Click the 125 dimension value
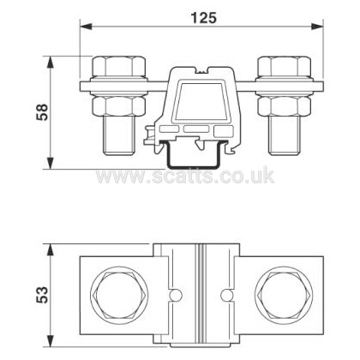click(204, 18)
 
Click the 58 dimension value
click(43, 112)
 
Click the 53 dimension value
click(43, 295)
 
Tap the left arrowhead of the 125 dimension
click(87, 27)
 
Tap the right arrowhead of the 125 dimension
click(316, 27)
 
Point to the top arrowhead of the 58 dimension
click(50, 62)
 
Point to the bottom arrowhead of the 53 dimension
click(50, 340)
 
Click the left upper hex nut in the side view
click(118, 66)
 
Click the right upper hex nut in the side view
click(284, 66)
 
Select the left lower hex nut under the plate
click(118, 106)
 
